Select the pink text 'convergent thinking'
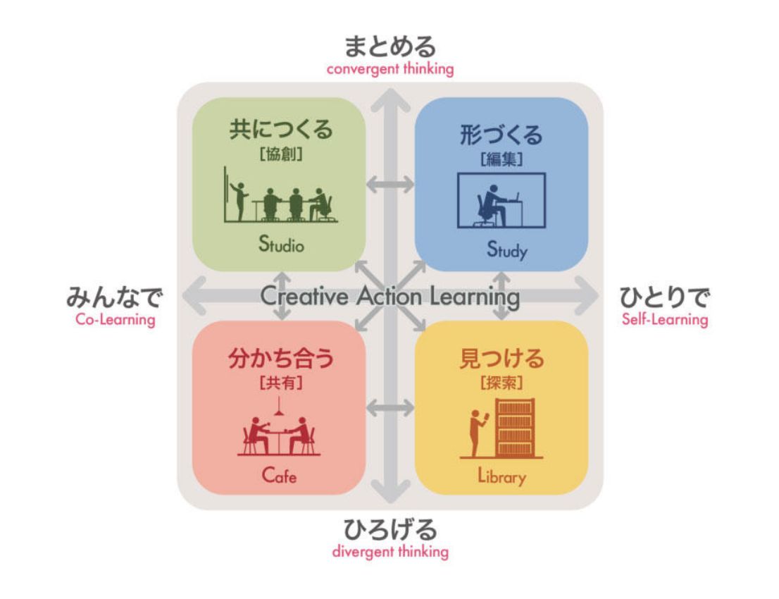(389, 70)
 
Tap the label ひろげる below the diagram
(389, 529)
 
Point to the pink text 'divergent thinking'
(389, 551)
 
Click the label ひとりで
(664, 297)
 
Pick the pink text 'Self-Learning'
(664, 319)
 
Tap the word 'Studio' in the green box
(280, 247)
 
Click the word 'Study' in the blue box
(501, 248)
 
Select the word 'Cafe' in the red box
(279, 476)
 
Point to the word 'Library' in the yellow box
(501, 477)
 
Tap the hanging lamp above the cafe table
(280, 406)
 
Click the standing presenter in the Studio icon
(239, 199)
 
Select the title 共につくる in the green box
(280, 132)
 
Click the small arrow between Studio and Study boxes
(390, 185)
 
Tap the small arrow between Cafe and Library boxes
(390, 407)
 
